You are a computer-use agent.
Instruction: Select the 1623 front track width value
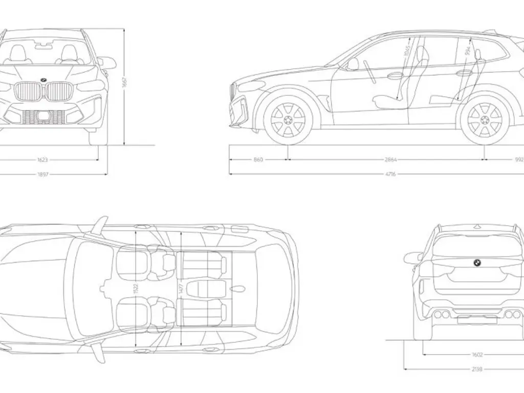[43, 160]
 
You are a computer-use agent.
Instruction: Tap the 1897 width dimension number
[43, 174]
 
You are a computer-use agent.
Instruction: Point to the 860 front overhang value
[258, 160]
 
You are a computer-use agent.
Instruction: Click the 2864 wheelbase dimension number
[391, 160]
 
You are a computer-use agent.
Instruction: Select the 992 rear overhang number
[518, 160]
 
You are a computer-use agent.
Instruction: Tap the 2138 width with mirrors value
[477, 368]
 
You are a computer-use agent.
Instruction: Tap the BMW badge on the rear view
[475, 263]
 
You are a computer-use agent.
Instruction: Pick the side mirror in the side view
[353, 64]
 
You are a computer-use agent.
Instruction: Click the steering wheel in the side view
[369, 71]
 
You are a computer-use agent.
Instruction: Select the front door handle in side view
[395, 76]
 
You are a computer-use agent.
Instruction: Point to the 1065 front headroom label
[407, 51]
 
